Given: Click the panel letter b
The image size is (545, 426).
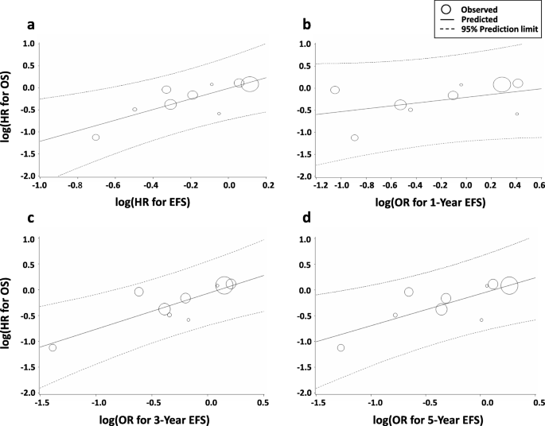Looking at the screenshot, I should (x=307, y=23).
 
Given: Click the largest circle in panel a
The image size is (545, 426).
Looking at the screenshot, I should (x=250, y=84).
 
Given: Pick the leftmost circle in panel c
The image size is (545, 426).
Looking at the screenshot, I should (x=53, y=347).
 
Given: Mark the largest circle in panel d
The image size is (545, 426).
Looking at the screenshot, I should (x=509, y=285).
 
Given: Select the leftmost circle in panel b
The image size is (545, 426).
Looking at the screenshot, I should (x=335, y=90).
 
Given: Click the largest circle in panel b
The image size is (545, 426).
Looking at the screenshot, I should (x=501, y=84).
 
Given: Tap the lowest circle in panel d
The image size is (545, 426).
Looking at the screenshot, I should (x=341, y=347).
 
